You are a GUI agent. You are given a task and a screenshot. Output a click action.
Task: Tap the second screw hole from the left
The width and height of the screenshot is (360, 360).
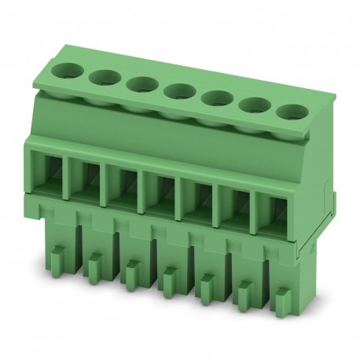click(x=103, y=76)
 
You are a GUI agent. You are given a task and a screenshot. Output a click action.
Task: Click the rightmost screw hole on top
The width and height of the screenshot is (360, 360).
click(x=292, y=111)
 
